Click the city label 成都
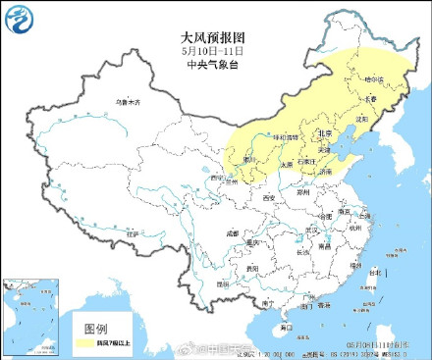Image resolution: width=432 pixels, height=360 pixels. click(231, 233)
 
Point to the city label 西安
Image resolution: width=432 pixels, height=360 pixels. click(268, 198)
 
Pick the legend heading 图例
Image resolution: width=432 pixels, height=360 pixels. click(95, 328)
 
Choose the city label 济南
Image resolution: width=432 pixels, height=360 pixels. click(327, 171)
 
